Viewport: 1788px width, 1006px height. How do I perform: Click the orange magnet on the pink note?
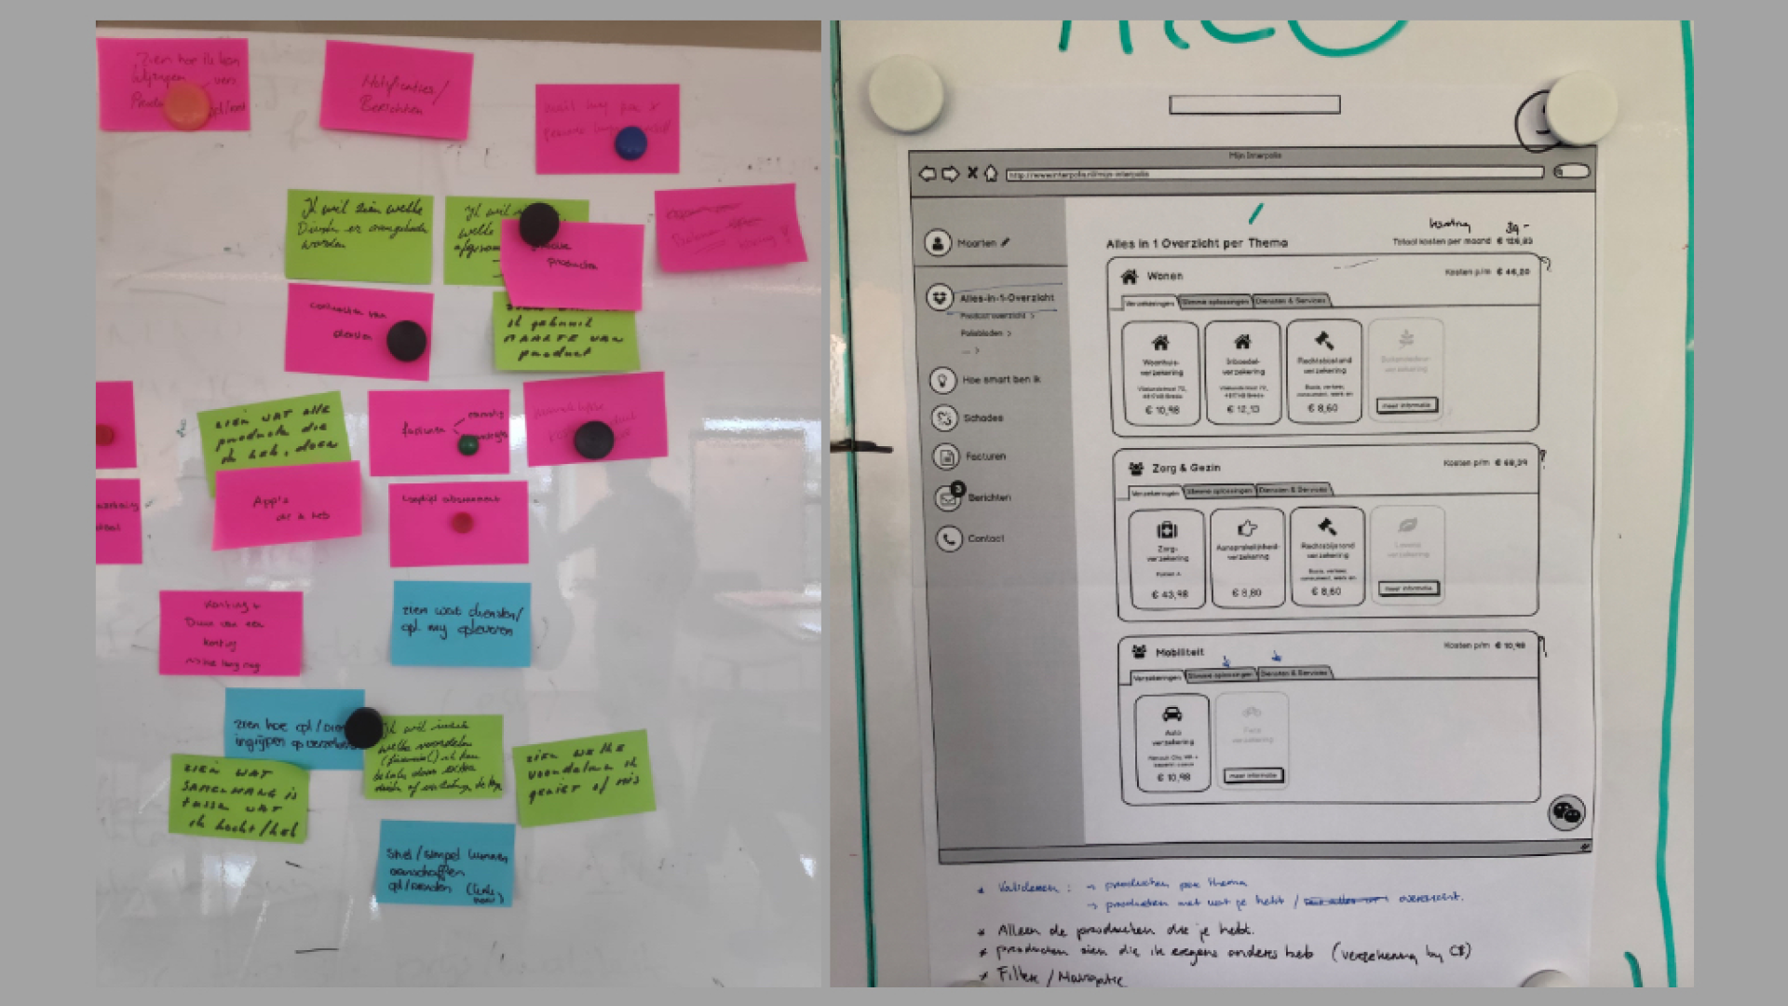tap(187, 106)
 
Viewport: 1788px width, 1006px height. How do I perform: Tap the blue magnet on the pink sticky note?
tap(630, 143)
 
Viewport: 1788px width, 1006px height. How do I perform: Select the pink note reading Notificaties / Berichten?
tap(397, 89)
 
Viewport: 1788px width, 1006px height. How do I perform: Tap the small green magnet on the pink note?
tap(468, 444)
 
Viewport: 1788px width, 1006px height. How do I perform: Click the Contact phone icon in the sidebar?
tap(948, 538)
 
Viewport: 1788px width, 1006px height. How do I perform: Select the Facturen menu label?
tap(985, 456)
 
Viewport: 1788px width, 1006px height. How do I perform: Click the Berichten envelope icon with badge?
tap(948, 497)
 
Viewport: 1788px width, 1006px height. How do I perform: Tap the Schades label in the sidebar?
tap(982, 418)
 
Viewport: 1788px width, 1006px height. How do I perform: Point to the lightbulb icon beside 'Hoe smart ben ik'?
tap(942, 380)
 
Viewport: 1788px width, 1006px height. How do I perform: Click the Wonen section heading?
tap(1164, 276)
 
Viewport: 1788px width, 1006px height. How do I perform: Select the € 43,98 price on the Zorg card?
tap(1169, 594)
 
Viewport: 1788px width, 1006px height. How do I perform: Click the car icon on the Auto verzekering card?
tap(1172, 715)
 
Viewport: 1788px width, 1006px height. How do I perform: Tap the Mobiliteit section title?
tap(1179, 652)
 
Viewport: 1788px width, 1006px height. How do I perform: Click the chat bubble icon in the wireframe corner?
tap(1566, 812)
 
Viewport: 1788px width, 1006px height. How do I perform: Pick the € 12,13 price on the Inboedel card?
tap(1243, 409)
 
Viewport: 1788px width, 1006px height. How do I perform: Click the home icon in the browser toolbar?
tap(991, 173)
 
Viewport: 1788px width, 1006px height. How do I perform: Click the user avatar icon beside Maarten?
tap(937, 242)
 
